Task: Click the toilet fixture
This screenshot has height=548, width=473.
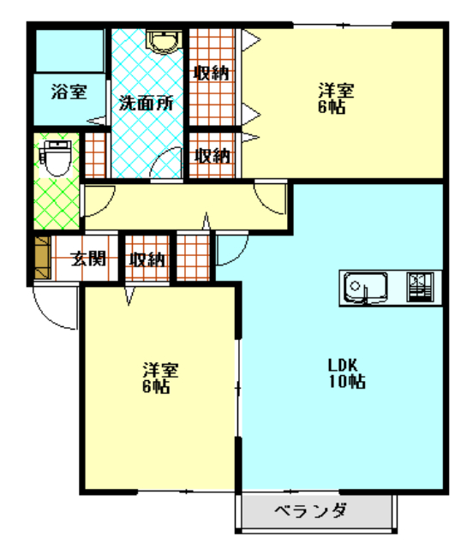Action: (x=56, y=158)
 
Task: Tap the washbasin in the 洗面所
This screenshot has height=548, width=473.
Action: (x=164, y=42)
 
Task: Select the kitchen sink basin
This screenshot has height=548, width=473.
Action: (x=366, y=287)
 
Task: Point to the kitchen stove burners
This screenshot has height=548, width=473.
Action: (x=420, y=288)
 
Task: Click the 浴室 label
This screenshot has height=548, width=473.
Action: (x=69, y=92)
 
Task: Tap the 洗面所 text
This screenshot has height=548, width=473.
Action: (x=146, y=103)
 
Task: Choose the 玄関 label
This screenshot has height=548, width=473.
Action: (x=88, y=259)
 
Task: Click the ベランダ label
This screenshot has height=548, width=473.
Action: (x=311, y=511)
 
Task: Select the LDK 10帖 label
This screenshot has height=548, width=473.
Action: (x=347, y=373)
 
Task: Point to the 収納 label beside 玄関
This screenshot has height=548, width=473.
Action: (x=147, y=259)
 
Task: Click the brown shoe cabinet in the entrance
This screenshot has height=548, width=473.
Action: (x=43, y=258)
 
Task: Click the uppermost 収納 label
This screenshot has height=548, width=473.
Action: (x=212, y=73)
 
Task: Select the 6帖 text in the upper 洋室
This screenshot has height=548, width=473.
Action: (x=332, y=106)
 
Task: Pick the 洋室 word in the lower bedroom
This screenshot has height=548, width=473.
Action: (x=160, y=370)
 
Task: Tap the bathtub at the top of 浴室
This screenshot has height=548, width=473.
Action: (x=70, y=51)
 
